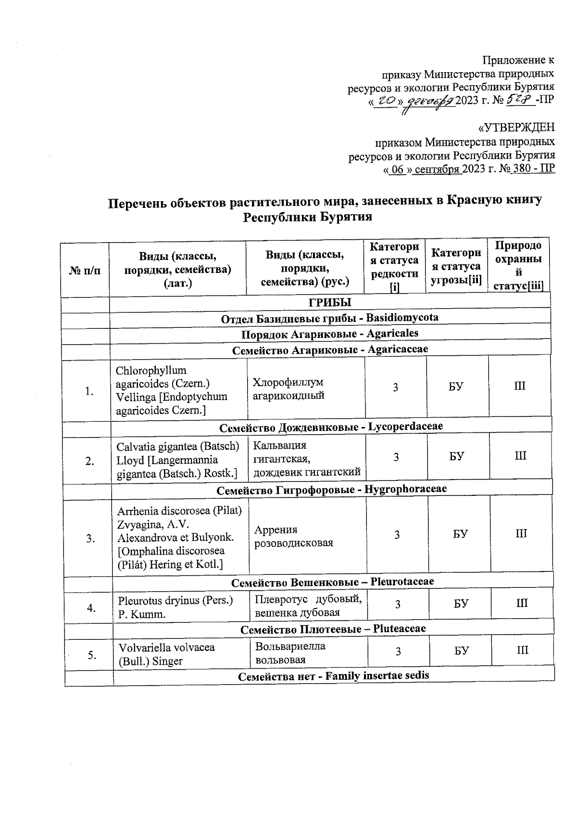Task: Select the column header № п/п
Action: tap(85, 271)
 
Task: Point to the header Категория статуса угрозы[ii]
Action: tap(456, 266)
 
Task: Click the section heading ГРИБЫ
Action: tap(329, 303)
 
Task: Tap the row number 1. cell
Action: tap(89, 391)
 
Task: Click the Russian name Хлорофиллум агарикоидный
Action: tap(288, 389)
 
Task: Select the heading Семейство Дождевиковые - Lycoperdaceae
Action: tap(331, 427)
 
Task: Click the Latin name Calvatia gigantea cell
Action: tap(177, 460)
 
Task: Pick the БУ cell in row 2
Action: tap(457, 456)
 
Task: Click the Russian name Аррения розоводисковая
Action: tap(293, 536)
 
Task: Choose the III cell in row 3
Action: tap(521, 534)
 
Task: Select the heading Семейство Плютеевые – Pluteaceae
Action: tap(333, 629)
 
